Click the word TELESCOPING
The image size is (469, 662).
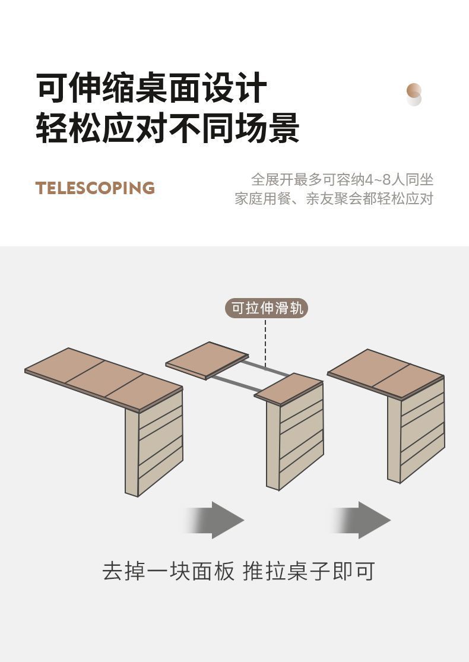click(x=95, y=188)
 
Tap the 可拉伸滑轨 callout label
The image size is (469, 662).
click(x=267, y=308)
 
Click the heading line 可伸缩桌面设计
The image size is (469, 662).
click(x=151, y=88)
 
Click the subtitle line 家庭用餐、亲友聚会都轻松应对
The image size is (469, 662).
click(x=334, y=199)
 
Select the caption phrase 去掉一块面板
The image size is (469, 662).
click(x=169, y=571)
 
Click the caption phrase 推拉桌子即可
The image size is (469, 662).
click(x=309, y=571)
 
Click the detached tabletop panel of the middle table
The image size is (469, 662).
click(x=207, y=359)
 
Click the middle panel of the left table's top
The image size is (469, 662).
click(x=103, y=379)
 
